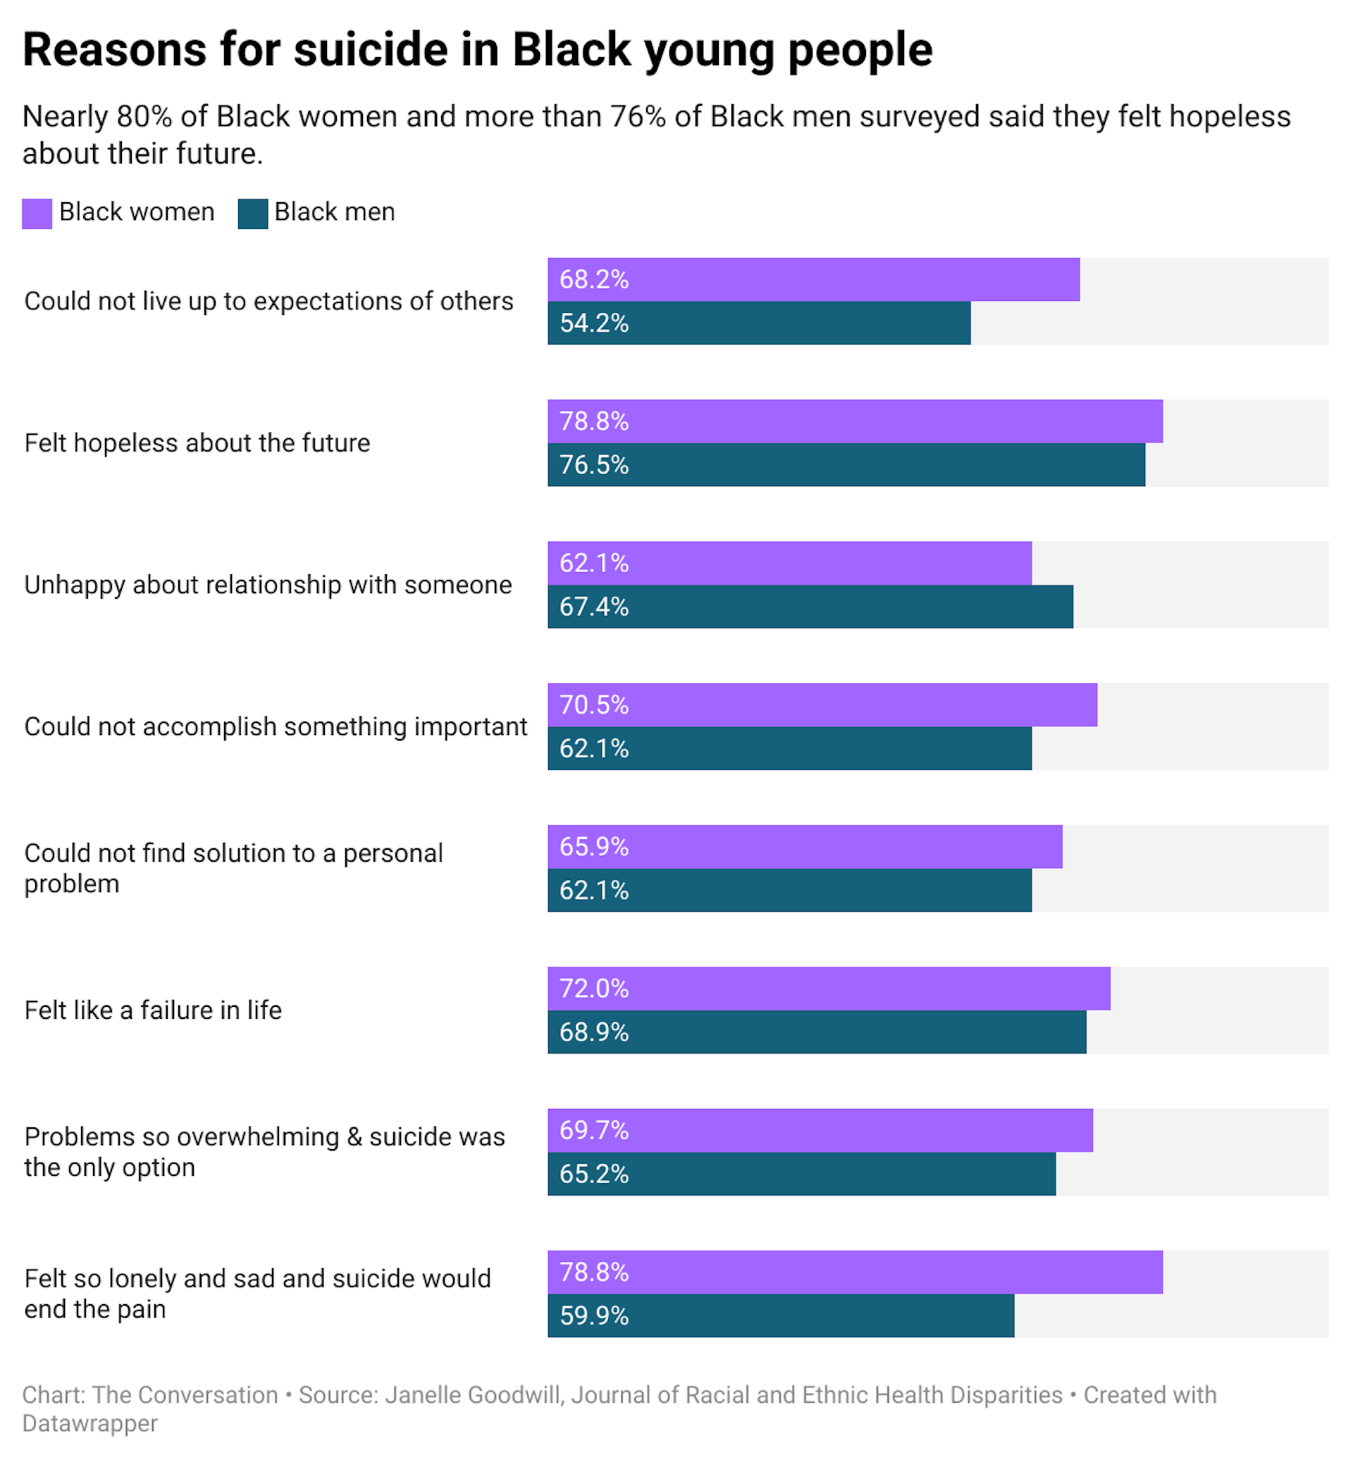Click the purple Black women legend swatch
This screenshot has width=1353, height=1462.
click(37, 213)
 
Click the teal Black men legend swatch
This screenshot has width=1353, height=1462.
click(252, 213)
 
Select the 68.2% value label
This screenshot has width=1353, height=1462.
click(594, 280)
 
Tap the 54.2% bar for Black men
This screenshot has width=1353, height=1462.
click(758, 323)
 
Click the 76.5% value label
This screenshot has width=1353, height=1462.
click(594, 465)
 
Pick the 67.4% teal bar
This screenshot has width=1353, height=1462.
click(810, 606)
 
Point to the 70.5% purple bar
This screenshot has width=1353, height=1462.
click(822, 705)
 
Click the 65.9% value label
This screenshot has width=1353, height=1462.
click(594, 846)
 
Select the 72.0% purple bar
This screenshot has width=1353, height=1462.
click(828, 989)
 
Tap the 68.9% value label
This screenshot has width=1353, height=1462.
click(594, 1032)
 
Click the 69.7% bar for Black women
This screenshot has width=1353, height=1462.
click(820, 1130)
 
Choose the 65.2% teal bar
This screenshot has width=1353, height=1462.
click(801, 1174)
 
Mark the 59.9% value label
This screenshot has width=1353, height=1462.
click(594, 1315)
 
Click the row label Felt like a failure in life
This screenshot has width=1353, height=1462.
click(153, 1010)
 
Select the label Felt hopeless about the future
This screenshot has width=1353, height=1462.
click(197, 443)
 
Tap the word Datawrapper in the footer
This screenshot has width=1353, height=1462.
click(90, 1423)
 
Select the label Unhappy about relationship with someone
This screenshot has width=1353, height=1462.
click(268, 585)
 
